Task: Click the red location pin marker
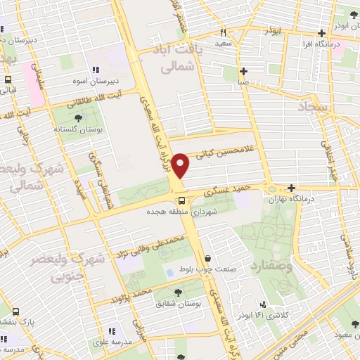[x=181, y=166]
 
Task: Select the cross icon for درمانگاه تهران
[x=292, y=188]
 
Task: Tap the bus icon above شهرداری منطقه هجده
[x=182, y=200]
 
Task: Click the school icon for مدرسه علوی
[x=110, y=330]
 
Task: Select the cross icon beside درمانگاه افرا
[x=322, y=32]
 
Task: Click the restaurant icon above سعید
[x=224, y=32]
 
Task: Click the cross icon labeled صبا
[x=243, y=71]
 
